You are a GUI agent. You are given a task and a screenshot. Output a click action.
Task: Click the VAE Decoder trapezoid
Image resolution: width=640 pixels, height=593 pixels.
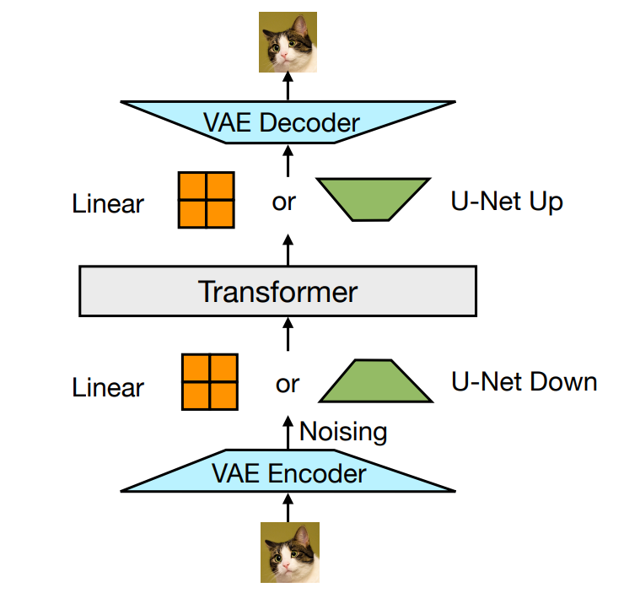pos(288,122)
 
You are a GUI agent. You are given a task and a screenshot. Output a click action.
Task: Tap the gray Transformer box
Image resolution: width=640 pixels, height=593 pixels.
pos(277,291)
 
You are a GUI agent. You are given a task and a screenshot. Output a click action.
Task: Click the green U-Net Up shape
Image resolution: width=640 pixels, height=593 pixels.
pos(374,199)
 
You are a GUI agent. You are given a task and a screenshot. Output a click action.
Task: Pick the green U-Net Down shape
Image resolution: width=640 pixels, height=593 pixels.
pos(375,381)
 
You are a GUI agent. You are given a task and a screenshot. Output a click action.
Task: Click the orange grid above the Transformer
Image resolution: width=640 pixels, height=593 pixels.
pos(206,200)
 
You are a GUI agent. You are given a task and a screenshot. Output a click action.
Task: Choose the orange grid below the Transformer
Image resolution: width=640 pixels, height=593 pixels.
pos(210,382)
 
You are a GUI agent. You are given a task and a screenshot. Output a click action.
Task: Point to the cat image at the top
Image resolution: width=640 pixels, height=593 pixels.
pos(288,42)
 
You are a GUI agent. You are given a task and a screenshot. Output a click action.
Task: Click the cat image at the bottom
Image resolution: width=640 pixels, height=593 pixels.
pos(290,553)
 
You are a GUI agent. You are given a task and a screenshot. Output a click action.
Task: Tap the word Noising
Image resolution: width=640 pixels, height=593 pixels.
pos(343,432)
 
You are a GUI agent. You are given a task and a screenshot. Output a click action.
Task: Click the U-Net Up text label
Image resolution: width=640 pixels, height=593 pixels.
pos(507,202)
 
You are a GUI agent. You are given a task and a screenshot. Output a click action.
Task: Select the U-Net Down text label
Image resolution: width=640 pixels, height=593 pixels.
pos(524,382)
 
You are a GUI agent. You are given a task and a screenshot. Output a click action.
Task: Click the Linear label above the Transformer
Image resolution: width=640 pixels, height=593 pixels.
pos(108,203)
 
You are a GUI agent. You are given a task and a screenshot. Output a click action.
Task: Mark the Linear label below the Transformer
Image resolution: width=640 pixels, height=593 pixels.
pos(108,387)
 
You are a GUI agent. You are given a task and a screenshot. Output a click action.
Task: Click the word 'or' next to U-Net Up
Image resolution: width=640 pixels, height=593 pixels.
pos(283,202)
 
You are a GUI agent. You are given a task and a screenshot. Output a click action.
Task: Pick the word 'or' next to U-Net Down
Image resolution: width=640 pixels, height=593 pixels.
pos(288,385)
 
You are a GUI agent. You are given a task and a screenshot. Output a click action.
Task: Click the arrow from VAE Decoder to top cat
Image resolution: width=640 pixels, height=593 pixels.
pos(288,86)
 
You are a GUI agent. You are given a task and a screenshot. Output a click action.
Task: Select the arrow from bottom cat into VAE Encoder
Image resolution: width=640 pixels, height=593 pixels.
pos(288,508)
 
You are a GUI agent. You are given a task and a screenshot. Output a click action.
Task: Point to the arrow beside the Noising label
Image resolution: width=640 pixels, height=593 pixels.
pos(288,433)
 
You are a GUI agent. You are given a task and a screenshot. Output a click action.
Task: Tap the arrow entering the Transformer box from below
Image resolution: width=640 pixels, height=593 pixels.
pos(288,335)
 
